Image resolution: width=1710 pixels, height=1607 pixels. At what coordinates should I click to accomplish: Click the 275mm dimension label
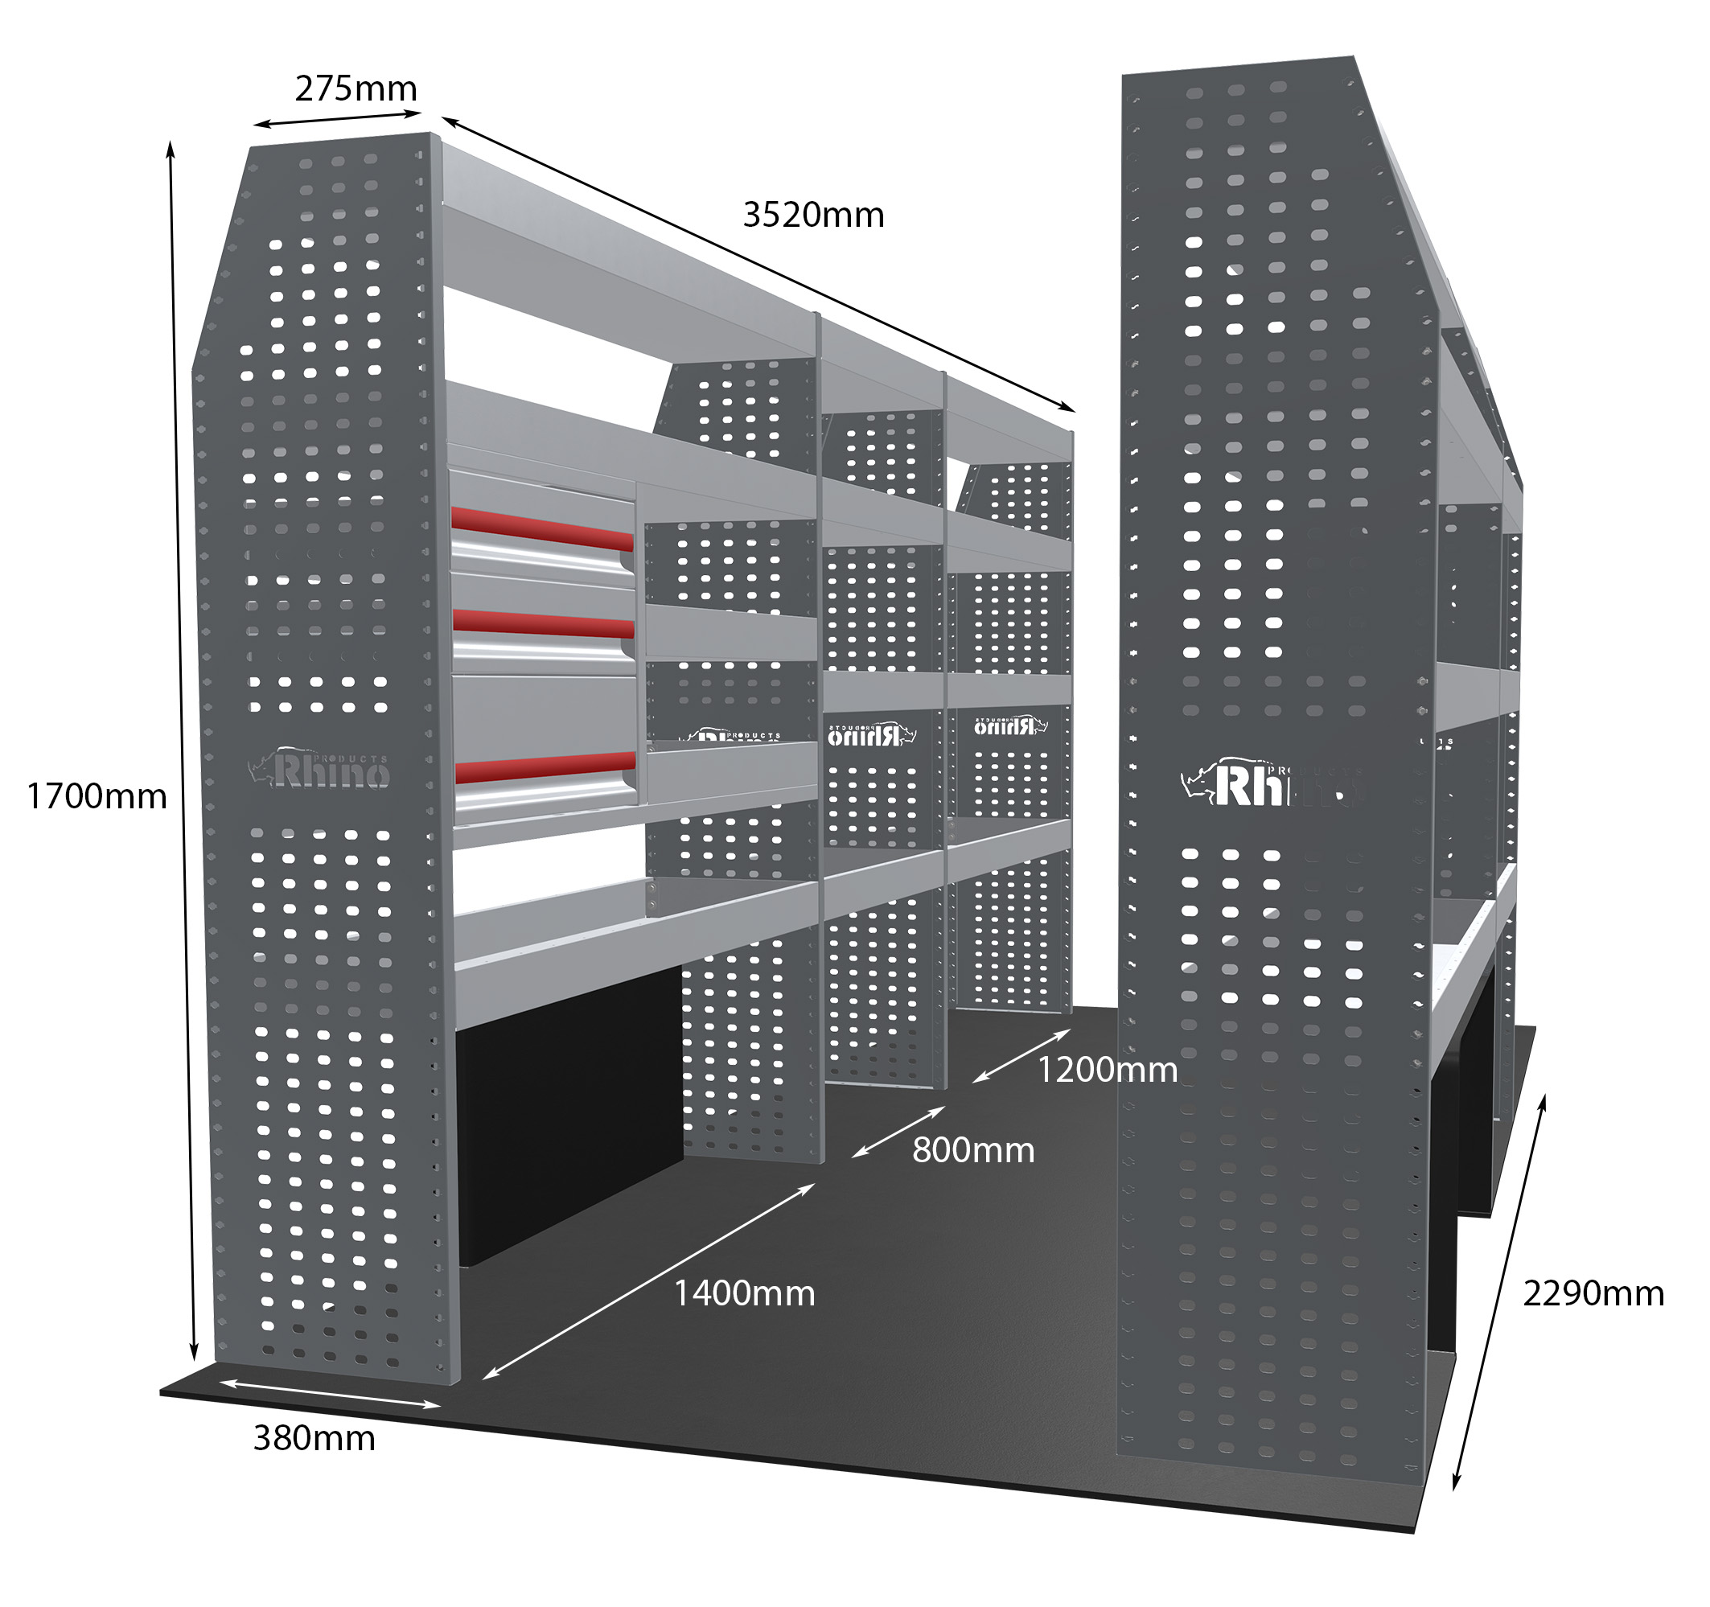pyautogui.click(x=356, y=88)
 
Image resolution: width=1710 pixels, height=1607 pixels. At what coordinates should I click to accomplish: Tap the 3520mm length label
pyautogui.click(x=813, y=215)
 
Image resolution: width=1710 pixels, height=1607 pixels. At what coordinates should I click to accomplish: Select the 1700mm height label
pyautogui.click(x=97, y=796)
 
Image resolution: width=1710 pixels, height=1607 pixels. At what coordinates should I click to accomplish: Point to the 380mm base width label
pyautogui.click(x=314, y=1438)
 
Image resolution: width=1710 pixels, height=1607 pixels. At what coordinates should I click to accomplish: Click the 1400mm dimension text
pyautogui.click(x=744, y=1294)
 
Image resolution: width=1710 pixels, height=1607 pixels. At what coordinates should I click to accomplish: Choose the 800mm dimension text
pyautogui.click(x=973, y=1150)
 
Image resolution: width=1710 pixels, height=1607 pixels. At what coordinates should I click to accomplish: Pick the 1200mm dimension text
pyautogui.click(x=1107, y=1071)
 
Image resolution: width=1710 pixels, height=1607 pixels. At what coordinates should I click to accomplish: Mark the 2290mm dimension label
pyautogui.click(x=1593, y=1294)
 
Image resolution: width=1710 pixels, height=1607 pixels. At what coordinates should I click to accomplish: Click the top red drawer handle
pyautogui.click(x=542, y=528)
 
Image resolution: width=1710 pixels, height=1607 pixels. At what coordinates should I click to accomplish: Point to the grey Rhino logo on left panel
pyautogui.click(x=320, y=768)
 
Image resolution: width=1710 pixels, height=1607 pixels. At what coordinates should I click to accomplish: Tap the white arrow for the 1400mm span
pyautogui.click(x=648, y=1281)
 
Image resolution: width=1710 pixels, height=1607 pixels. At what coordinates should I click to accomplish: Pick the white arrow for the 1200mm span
pyautogui.click(x=1021, y=1055)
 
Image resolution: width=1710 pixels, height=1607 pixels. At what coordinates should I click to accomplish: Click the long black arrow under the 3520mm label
pyautogui.click(x=758, y=263)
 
